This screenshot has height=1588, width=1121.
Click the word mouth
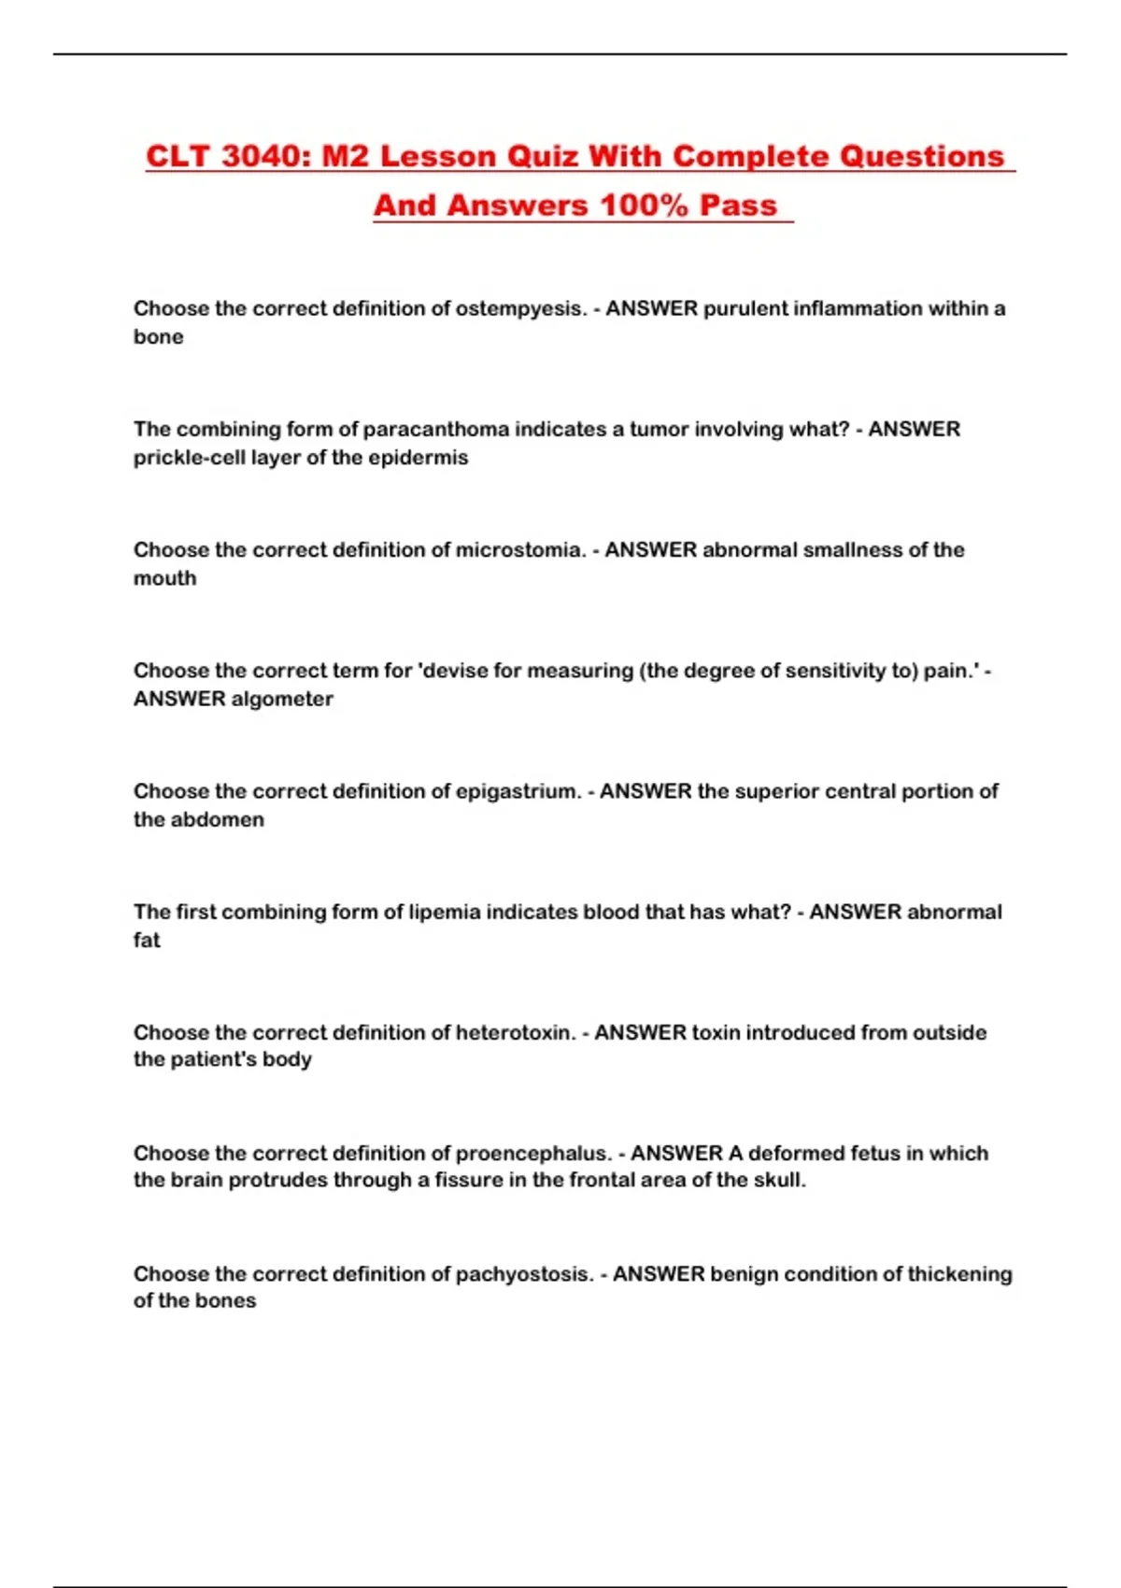point(165,578)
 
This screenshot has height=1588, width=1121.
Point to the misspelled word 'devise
point(452,670)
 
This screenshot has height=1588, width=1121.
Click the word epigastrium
point(518,791)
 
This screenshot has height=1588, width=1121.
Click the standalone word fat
point(147,940)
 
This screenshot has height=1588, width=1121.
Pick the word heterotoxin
point(515,1032)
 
